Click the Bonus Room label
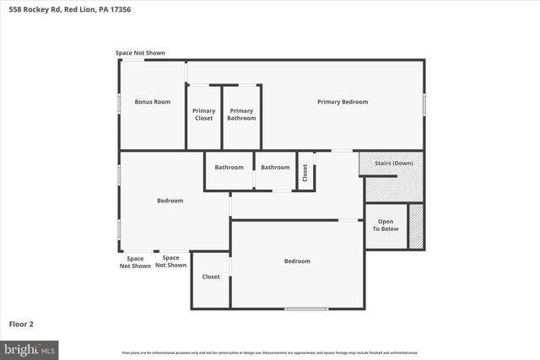[x=153, y=102]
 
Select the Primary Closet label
[x=203, y=115]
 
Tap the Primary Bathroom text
[x=241, y=115]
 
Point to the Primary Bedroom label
[x=343, y=102]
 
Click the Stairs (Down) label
[x=391, y=163]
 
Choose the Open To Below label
[x=386, y=225]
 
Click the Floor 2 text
[x=21, y=324]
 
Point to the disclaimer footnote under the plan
[x=269, y=352]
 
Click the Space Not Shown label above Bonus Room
[x=140, y=53]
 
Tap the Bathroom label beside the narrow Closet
[x=275, y=167]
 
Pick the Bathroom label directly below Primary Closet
[x=229, y=167]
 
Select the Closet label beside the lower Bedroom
[x=210, y=277]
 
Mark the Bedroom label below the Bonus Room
[x=170, y=201]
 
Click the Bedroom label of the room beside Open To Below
[x=297, y=261]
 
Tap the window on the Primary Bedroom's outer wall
[x=424, y=102]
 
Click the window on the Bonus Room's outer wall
[x=119, y=102]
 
